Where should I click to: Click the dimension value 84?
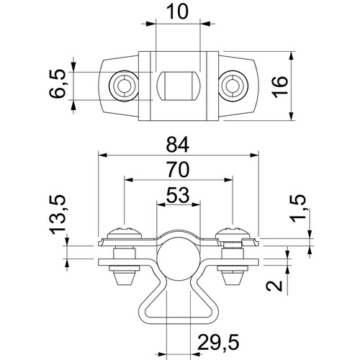point(178,145)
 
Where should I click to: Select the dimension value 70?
point(178,169)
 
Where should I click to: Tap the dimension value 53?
point(178,195)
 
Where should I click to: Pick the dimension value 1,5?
point(298,208)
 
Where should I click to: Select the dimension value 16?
point(280,87)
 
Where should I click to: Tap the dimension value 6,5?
point(57,84)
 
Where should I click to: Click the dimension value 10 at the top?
point(177,12)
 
